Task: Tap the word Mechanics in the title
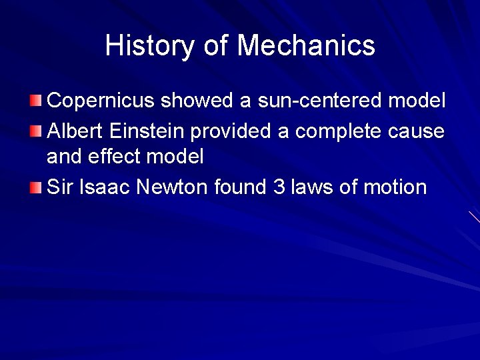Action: point(306,46)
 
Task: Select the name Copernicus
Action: point(101,101)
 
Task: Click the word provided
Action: point(231,131)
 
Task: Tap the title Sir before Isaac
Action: point(60,187)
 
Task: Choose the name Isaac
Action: point(105,187)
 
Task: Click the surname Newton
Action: point(172,187)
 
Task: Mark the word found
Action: point(241,187)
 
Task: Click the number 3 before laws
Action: point(279,187)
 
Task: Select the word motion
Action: point(395,187)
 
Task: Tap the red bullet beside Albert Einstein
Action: point(36,131)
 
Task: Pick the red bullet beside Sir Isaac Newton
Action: point(36,187)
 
